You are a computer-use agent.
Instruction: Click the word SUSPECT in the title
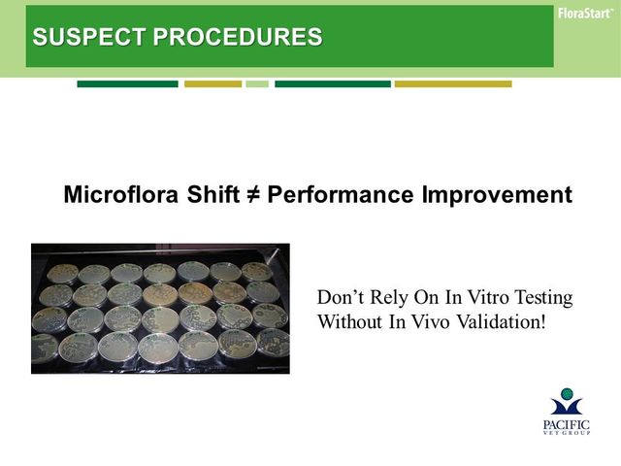(x=88, y=37)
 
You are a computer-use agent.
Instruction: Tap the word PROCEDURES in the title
(x=238, y=37)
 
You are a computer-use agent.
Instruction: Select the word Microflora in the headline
(x=120, y=194)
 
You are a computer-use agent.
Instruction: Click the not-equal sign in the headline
(x=252, y=195)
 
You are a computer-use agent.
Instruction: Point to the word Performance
(x=341, y=195)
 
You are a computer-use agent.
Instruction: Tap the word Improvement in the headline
(x=497, y=195)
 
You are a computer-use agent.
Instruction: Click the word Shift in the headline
(x=213, y=194)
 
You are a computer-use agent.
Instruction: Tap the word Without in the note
(x=350, y=321)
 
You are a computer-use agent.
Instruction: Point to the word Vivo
(x=431, y=321)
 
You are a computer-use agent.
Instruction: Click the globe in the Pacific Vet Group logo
(x=567, y=394)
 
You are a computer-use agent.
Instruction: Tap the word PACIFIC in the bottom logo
(x=567, y=425)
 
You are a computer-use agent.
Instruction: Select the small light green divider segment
(x=257, y=84)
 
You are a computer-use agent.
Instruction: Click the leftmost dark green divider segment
(x=127, y=84)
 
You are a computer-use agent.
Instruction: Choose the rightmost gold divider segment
(x=453, y=84)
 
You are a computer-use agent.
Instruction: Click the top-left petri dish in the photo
(x=62, y=273)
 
